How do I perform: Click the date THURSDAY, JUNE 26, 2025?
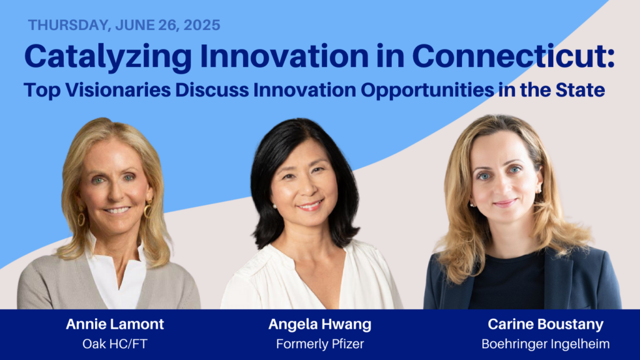point(124,25)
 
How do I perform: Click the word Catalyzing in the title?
point(107,57)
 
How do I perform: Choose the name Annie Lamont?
point(115,324)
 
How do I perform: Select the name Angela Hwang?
point(320,324)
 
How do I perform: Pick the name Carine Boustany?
point(545,324)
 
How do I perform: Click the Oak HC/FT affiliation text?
point(115,344)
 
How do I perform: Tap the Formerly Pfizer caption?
point(320,344)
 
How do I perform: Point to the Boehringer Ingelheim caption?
point(545,344)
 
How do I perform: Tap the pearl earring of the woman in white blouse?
point(274,206)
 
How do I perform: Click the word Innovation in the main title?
point(284,56)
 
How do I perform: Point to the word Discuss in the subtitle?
point(212,90)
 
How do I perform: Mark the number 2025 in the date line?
point(202,25)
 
